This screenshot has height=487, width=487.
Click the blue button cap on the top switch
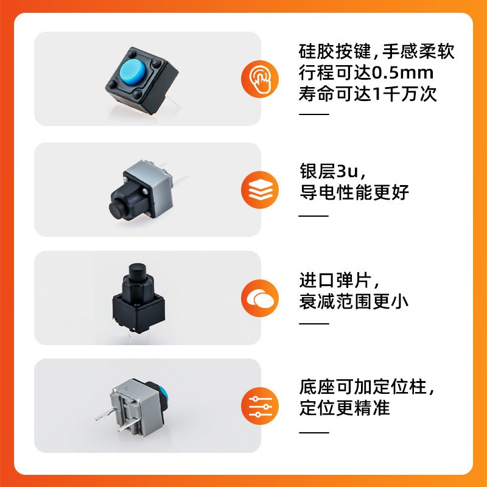click(x=133, y=72)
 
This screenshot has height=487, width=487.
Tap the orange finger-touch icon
click(x=260, y=79)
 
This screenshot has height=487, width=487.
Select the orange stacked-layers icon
click(x=260, y=190)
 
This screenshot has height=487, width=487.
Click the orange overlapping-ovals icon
click(x=260, y=298)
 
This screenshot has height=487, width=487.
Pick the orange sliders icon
click(x=260, y=406)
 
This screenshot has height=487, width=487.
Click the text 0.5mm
click(x=402, y=73)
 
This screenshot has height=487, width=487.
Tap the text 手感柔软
click(x=418, y=51)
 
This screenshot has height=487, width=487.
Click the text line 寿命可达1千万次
click(x=368, y=94)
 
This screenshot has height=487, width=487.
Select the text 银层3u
click(x=329, y=171)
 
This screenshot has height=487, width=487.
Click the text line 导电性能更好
click(x=354, y=192)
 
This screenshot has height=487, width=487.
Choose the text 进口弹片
click(x=335, y=280)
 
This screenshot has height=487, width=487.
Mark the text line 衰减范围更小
click(x=354, y=301)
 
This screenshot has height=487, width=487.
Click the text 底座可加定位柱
click(x=363, y=387)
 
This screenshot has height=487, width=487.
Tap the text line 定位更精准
click(x=345, y=408)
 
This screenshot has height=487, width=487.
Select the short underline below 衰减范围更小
click(x=314, y=323)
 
